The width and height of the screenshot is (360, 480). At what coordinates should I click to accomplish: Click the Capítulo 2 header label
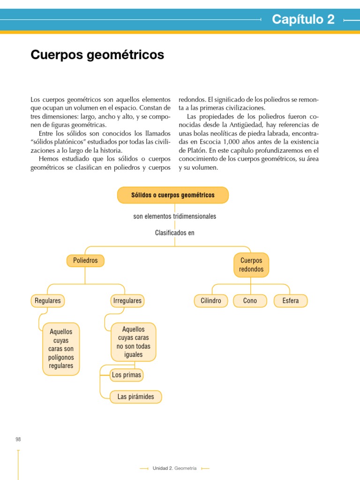tap(303, 19)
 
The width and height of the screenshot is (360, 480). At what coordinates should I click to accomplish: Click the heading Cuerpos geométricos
tap(97, 55)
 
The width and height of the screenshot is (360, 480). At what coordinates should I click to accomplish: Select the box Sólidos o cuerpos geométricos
tap(173, 195)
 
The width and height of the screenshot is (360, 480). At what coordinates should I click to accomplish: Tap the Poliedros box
tap(85, 260)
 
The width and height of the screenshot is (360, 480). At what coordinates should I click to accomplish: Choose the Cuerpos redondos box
tap(251, 265)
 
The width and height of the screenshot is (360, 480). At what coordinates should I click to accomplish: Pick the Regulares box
tap(48, 300)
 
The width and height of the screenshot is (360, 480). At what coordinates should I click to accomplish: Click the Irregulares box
tap(127, 300)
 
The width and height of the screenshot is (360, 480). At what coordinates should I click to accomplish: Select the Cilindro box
tap(211, 300)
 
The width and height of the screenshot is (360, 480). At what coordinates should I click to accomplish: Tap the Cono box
tap(250, 300)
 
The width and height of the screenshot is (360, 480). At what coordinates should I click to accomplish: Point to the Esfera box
tap(291, 300)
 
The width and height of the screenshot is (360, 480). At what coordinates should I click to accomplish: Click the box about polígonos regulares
tap(61, 349)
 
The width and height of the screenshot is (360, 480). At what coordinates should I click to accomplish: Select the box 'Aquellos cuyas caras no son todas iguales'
tap(134, 342)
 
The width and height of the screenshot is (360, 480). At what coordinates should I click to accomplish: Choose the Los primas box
tap(127, 375)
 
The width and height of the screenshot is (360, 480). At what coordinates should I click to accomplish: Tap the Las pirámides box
tap(136, 397)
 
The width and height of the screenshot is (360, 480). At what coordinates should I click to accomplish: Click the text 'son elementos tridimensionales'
tap(175, 217)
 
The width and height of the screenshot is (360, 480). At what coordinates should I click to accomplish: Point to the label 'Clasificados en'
tap(175, 232)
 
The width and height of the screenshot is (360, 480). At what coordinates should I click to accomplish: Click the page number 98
tap(18, 439)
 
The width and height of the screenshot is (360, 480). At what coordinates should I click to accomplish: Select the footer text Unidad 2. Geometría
tap(175, 468)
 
